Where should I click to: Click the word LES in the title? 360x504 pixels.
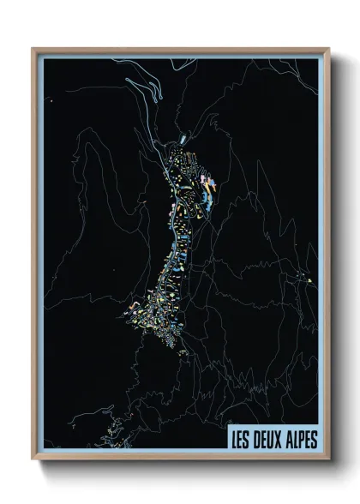238,439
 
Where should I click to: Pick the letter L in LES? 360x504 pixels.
231,439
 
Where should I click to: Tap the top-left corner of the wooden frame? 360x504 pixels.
33,49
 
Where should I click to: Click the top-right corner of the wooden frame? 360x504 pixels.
328,49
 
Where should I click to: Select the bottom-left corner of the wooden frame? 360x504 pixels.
33,459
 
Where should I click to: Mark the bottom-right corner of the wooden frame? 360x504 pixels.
328,459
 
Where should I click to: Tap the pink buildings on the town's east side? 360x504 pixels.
208,182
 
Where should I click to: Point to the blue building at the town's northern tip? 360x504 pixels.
183,137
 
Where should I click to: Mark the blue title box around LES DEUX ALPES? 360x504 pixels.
272,439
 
